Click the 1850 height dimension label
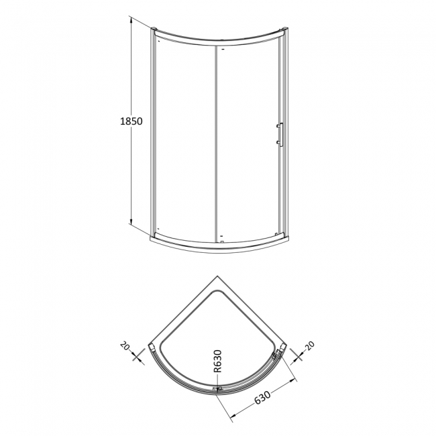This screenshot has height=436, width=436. tap(131, 122)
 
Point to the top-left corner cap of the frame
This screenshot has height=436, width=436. tap(154, 30)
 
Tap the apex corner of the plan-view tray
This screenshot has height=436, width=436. tap(218, 277)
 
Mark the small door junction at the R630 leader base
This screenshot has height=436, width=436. tap(217, 390)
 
